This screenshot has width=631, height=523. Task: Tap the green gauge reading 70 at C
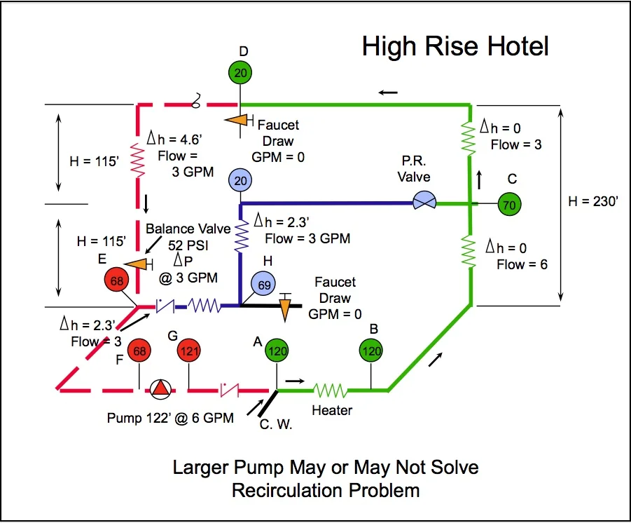509,205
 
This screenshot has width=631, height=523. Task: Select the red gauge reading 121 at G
188,351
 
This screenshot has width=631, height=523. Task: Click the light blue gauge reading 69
264,284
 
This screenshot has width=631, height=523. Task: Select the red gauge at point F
140,351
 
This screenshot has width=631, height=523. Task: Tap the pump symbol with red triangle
160,389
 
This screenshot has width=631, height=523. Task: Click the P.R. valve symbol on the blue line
423,202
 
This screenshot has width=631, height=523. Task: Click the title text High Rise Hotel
455,46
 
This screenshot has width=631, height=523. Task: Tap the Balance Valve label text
188,229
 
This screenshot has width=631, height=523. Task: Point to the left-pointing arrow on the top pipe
389,92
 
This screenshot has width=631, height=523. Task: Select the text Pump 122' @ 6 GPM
170,418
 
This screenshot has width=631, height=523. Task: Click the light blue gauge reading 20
240,182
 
